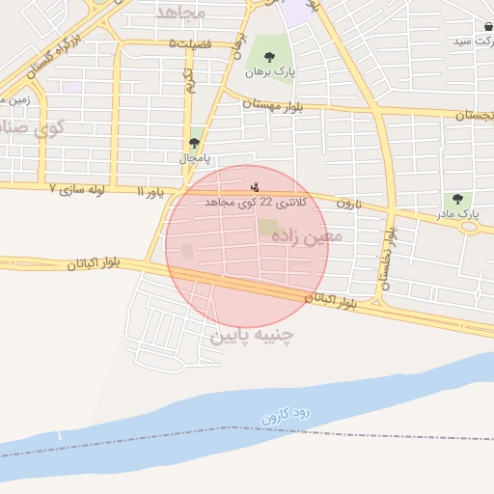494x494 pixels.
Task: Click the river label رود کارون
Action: (288, 416)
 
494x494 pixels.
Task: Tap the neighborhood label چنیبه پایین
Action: (250, 336)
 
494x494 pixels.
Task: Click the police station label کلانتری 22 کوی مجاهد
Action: (257, 204)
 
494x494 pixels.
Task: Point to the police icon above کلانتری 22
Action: (255, 186)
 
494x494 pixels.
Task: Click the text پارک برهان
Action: (268, 72)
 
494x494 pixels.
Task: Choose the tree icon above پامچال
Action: (195, 143)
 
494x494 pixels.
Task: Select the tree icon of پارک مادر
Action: (457, 199)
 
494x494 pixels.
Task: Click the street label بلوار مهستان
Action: (273, 104)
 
